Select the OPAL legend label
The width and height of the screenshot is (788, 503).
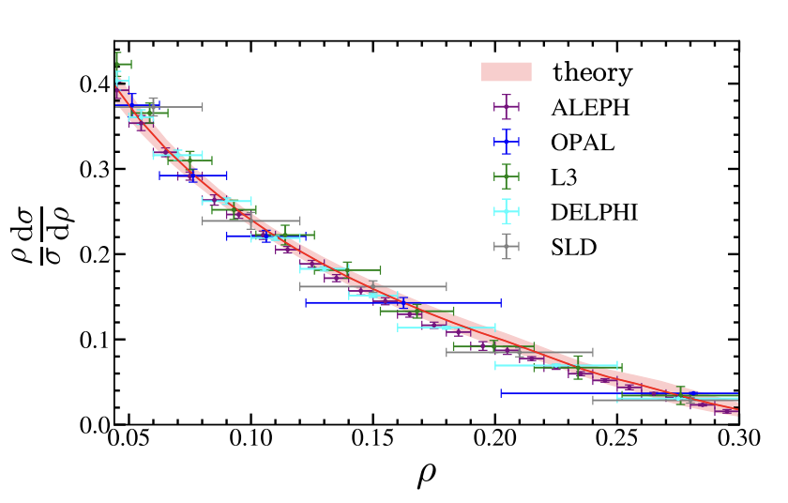point(583,143)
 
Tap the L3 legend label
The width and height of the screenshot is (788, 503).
point(567,177)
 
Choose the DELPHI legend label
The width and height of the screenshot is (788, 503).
point(595,213)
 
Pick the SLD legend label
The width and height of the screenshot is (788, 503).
point(574,248)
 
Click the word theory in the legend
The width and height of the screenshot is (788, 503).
point(592,72)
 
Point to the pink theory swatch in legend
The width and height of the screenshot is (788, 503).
point(506,72)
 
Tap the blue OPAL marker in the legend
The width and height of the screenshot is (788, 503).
point(506,143)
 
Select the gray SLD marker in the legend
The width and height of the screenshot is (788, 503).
point(506,248)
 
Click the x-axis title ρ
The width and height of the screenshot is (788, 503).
point(427,479)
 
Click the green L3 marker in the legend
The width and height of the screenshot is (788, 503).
point(506,177)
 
